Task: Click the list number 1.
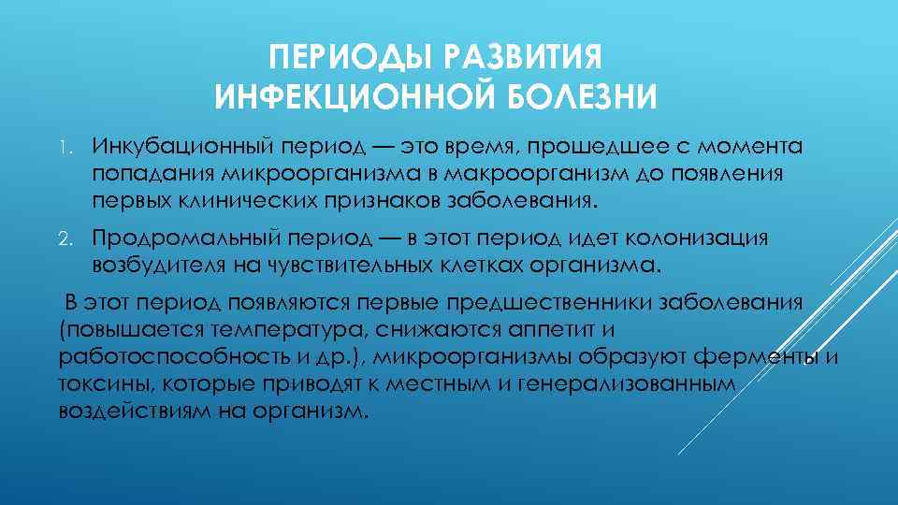click(63, 147)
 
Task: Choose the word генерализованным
click(626, 384)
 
